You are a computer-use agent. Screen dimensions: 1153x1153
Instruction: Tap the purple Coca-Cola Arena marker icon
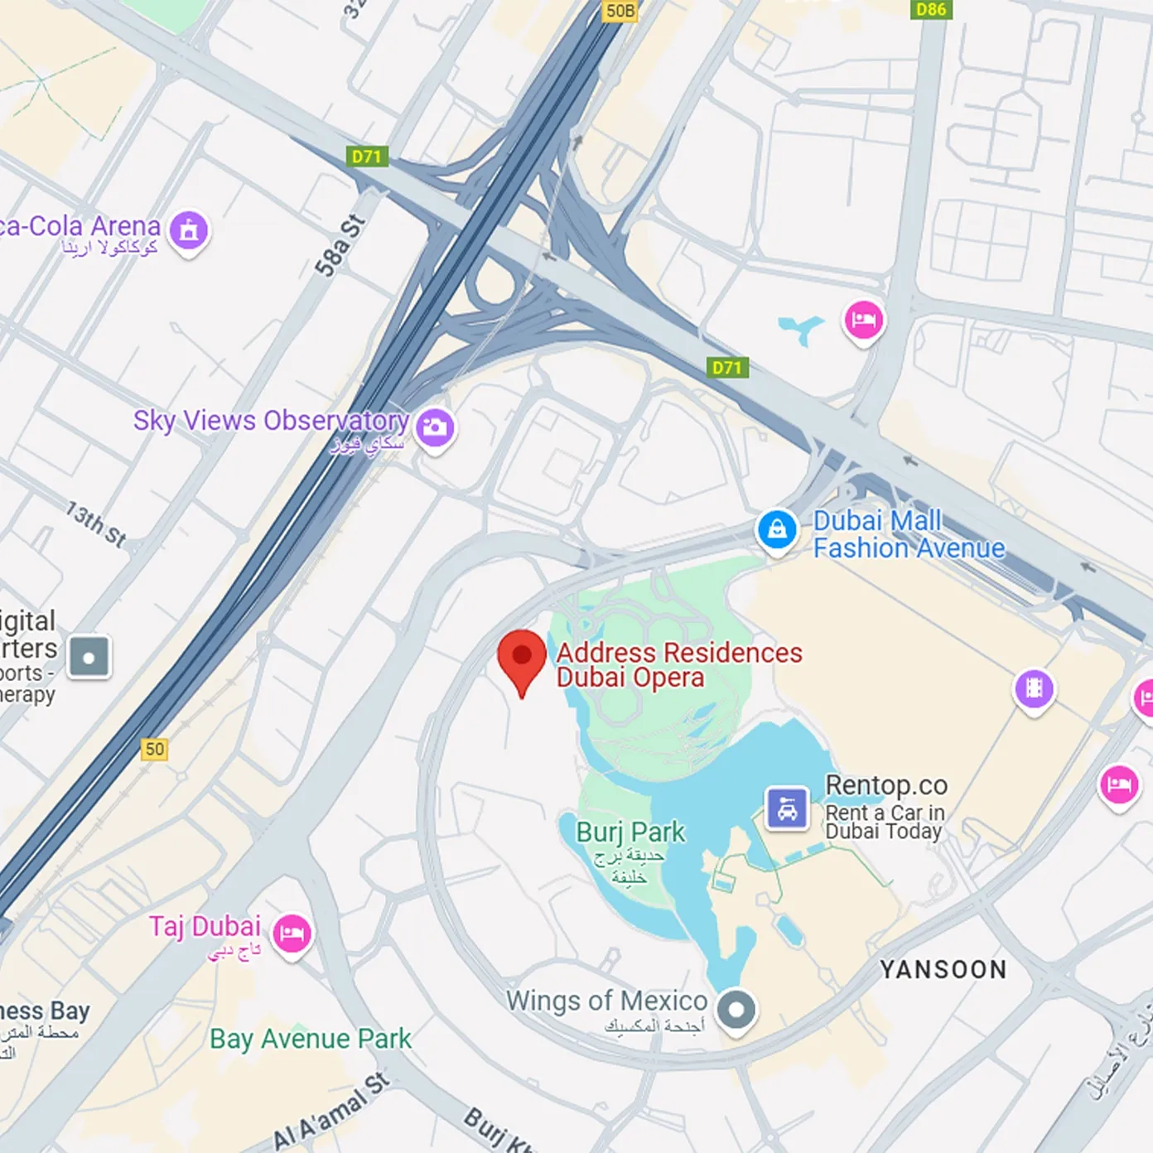tap(189, 230)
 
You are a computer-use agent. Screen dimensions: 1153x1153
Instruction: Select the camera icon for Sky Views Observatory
tap(435, 427)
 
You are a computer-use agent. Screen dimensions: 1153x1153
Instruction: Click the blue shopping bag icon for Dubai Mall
tap(777, 529)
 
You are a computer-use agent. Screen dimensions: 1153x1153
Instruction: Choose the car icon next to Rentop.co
tap(787, 808)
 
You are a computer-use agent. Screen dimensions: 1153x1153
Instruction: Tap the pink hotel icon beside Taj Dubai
tap(292, 934)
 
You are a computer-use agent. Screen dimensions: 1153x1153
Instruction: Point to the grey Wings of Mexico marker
tap(736, 1010)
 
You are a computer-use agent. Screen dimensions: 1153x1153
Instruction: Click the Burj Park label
tap(630, 832)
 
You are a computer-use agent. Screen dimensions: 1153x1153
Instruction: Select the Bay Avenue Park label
tap(310, 1039)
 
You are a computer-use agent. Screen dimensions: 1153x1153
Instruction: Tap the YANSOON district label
tap(943, 969)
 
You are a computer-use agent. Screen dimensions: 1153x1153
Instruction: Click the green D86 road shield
tap(931, 9)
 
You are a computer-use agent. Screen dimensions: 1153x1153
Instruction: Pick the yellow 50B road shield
tap(620, 10)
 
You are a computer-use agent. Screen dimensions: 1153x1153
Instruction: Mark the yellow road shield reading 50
tap(155, 750)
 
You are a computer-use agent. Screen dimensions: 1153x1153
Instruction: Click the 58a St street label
tap(340, 246)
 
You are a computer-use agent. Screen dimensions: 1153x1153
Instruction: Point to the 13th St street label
tap(97, 524)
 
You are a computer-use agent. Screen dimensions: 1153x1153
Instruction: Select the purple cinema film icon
tap(1034, 688)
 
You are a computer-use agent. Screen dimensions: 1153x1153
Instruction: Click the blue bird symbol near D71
tap(802, 329)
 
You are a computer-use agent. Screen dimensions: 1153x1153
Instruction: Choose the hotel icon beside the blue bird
tap(863, 321)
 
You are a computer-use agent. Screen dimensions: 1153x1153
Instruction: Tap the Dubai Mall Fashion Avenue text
tap(908, 534)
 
